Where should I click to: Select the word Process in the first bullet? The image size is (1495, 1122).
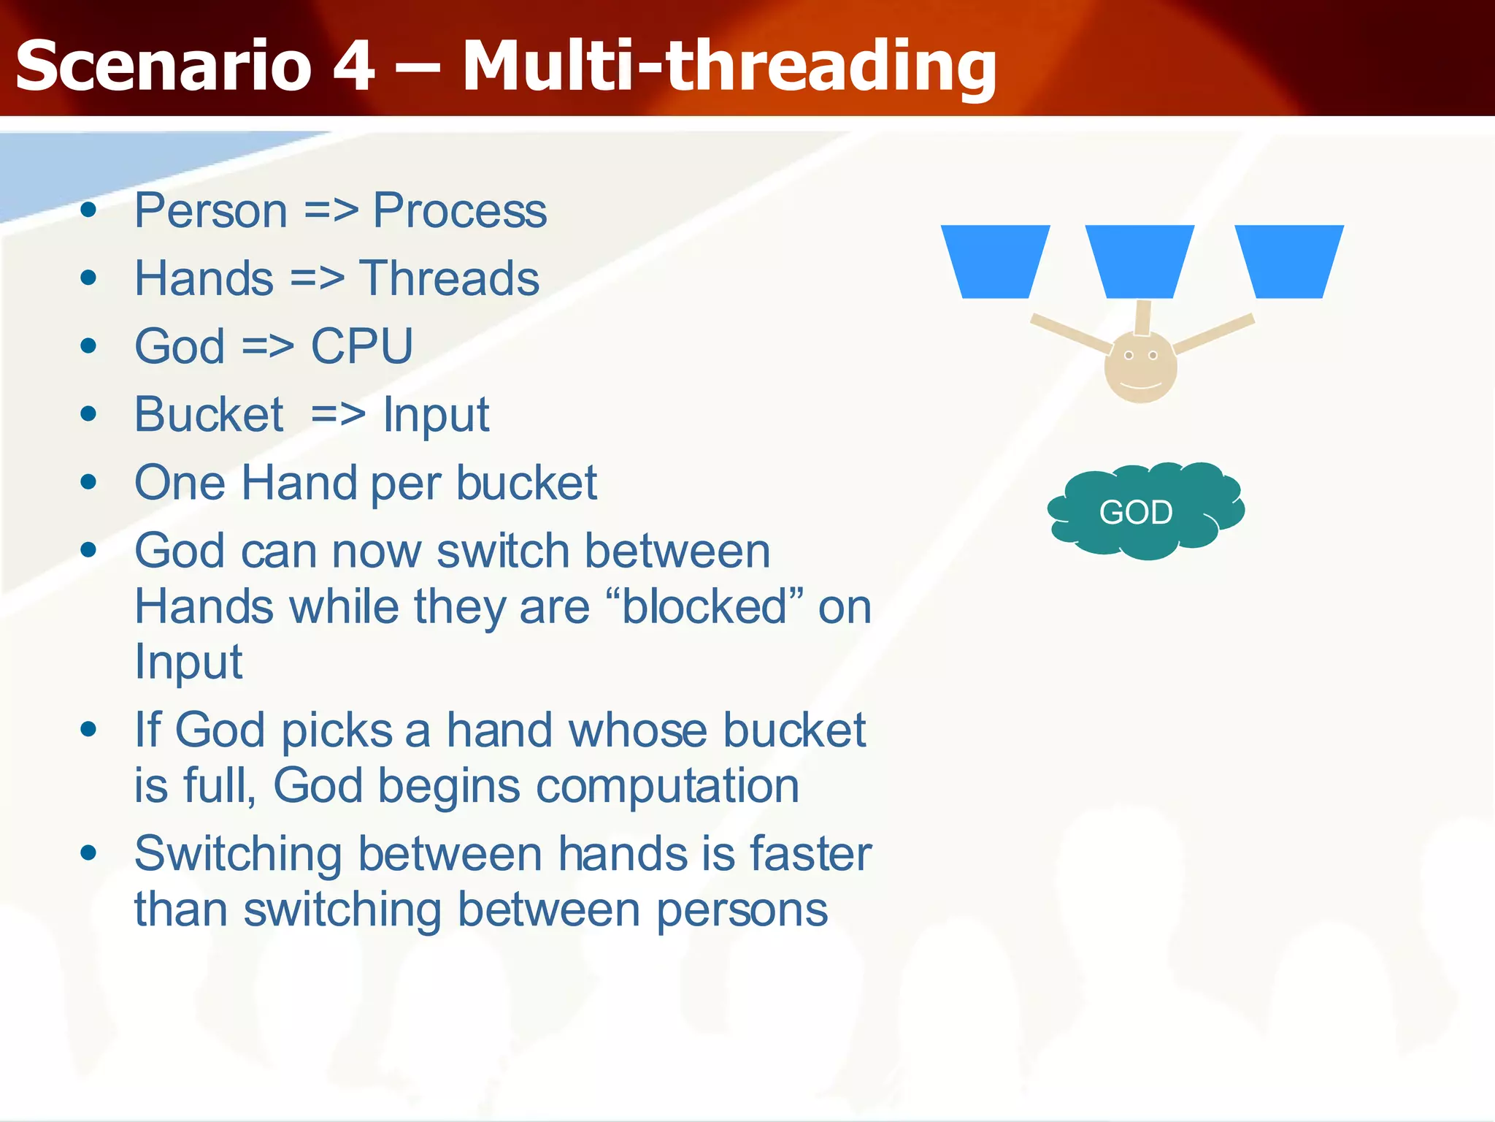(x=459, y=211)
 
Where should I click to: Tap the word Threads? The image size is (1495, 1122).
(x=449, y=279)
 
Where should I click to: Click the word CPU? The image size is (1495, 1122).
(x=361, y=346)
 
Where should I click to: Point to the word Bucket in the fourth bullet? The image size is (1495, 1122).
(x=209, y=415)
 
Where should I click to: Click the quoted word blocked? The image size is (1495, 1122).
(x=705, y=608)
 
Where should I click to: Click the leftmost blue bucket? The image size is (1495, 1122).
(x=995, y=261)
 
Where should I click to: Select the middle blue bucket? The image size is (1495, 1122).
(x=1139, y=261)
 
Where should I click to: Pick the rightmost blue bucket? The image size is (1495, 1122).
(x=1289, y=261)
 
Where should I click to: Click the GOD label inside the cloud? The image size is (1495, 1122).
(x=1136, y=512)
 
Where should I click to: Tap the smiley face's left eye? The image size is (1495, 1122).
(x=1129, y=356)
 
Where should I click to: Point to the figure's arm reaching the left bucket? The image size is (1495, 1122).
(x=1069, y=333)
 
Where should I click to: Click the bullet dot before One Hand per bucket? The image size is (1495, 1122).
(x=89, y=482)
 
